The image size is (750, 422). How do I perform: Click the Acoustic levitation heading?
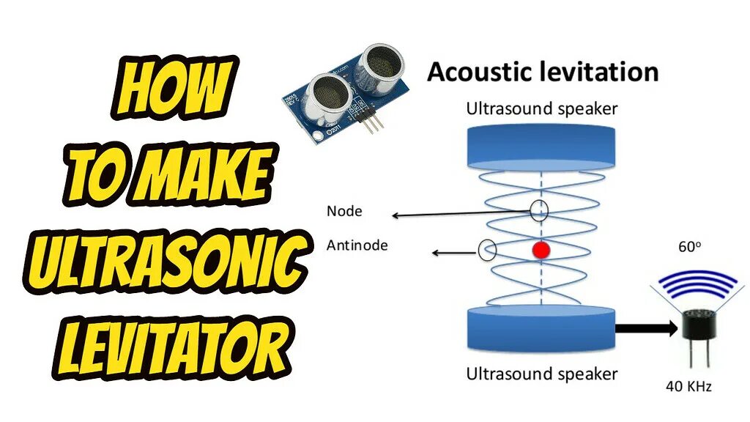pos(543,73)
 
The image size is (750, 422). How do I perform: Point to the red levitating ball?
pos(541,251)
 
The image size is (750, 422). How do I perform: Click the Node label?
pos(344,212)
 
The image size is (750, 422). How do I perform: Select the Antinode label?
pos(357,245)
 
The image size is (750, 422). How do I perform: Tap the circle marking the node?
pos(539,211)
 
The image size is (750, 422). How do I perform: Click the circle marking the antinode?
pos(487,250)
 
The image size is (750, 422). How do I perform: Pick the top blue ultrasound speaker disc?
pos(541,151)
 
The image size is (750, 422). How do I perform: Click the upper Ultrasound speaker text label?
pos(541,109)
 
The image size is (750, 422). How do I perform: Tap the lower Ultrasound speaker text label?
pos(541,374)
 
